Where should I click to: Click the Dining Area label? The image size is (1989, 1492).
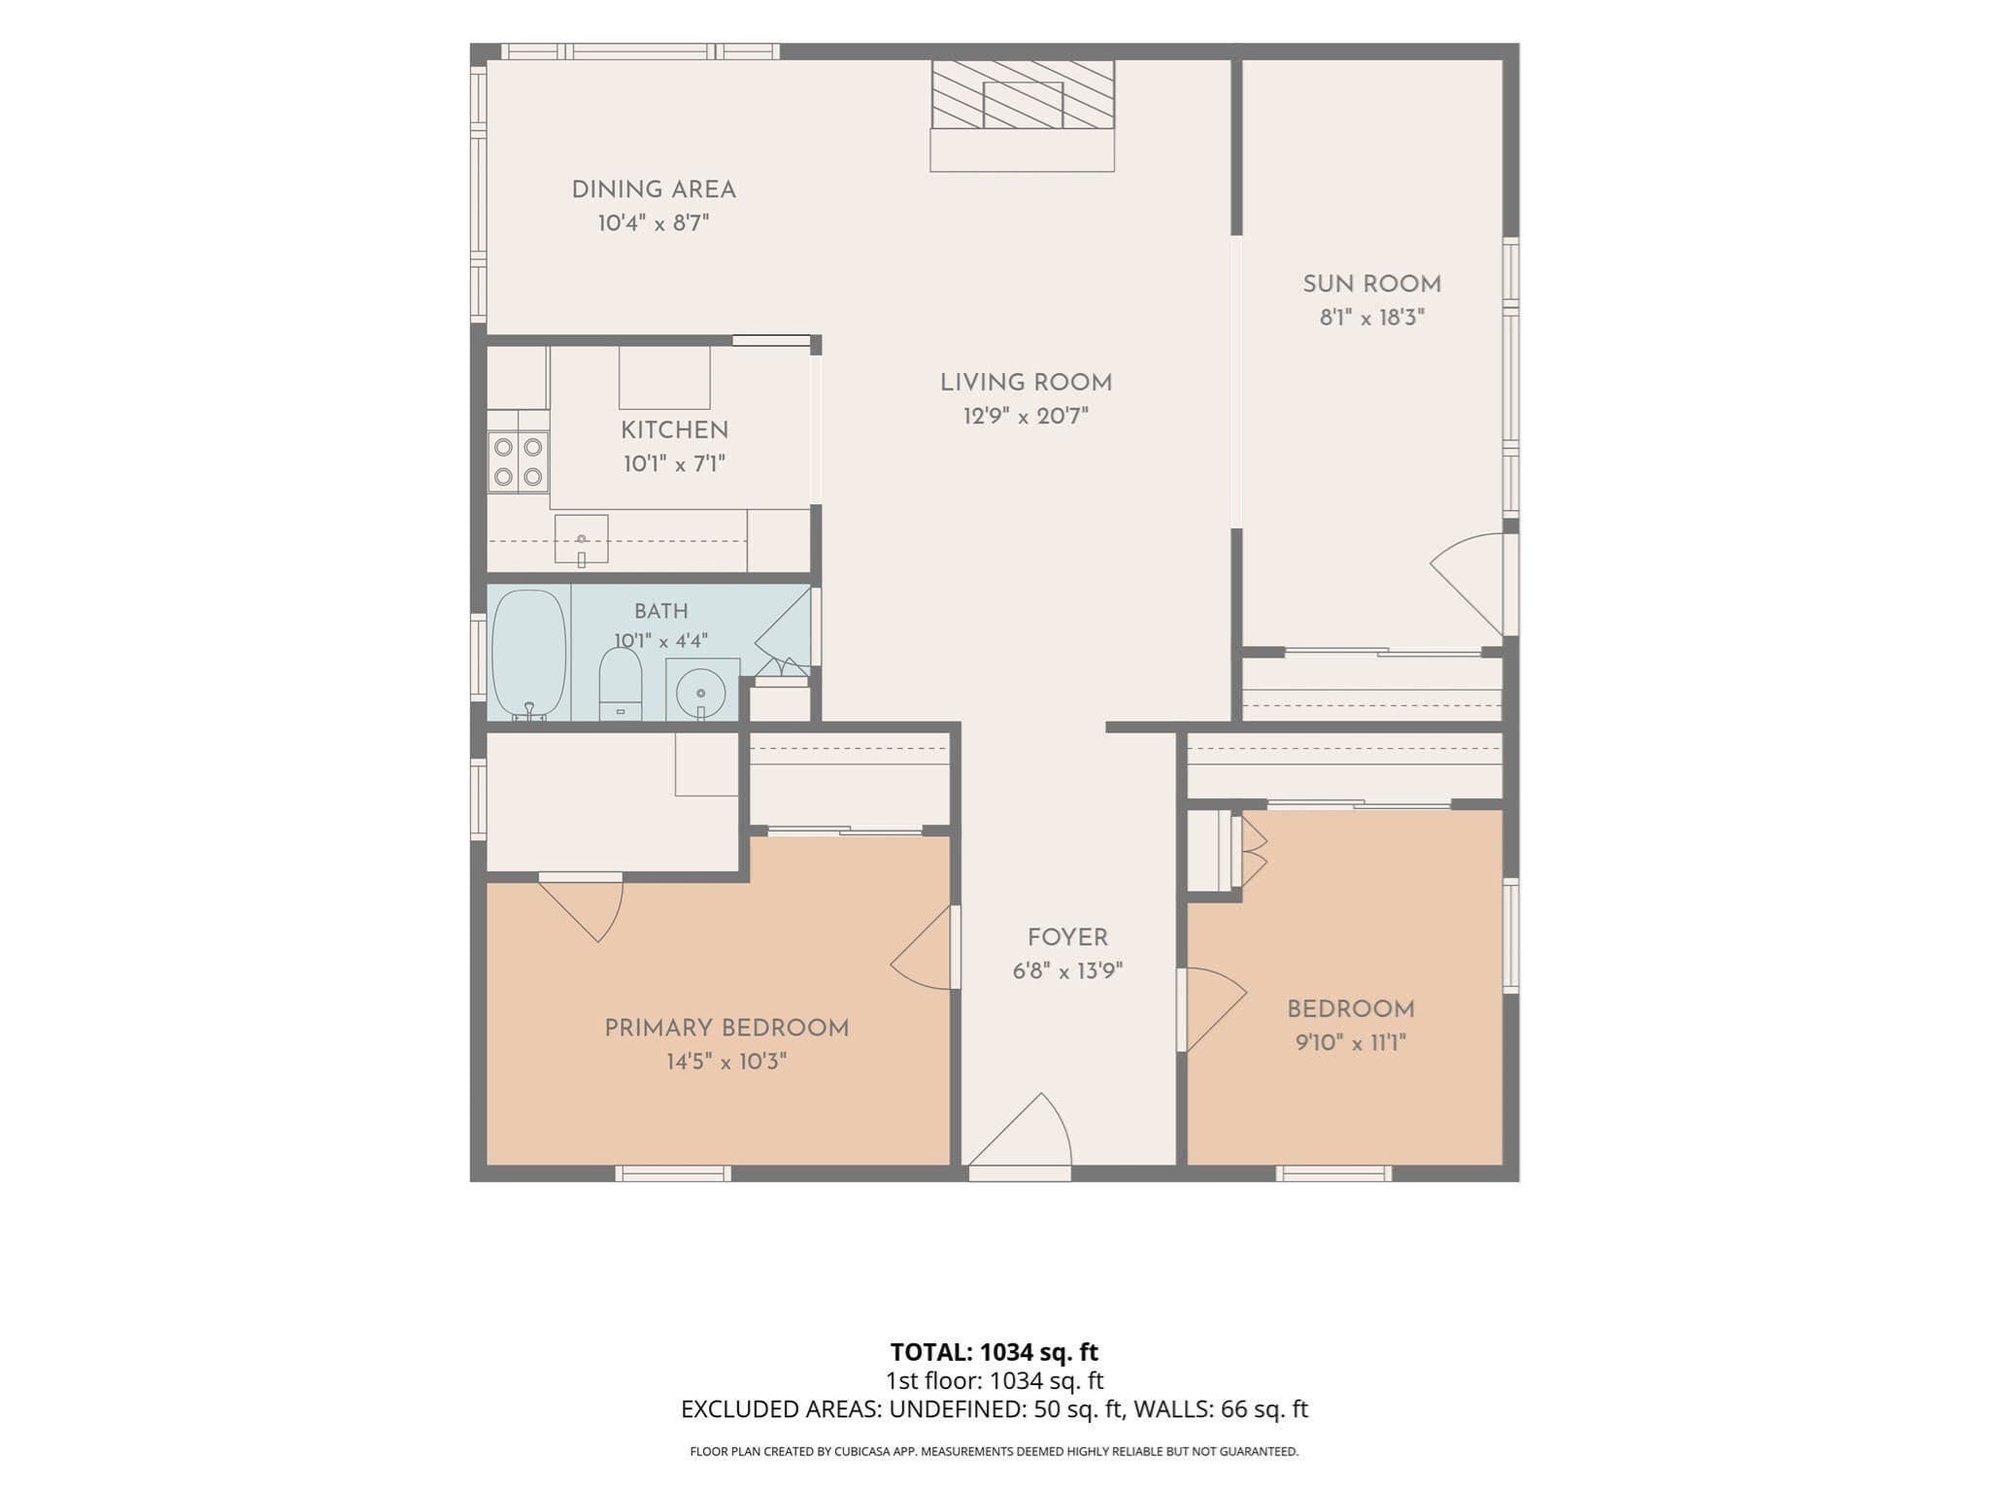[x=654, y=190]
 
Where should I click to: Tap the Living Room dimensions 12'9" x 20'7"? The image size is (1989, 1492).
[x=1026, y=417]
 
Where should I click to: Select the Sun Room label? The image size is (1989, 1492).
[x=1371, y=285]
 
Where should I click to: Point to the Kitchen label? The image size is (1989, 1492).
[x=674, y=430]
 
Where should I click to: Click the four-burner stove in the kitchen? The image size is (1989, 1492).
[x=518, y=461]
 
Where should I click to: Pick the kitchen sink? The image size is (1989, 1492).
[x=581, y=539]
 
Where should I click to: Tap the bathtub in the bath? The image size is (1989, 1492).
[x=528, y=654]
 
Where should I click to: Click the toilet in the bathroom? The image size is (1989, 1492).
[x=621, y=684]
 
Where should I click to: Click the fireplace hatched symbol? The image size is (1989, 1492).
[x=1023, y=94]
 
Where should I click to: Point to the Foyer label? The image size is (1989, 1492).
[x=1067, y=938]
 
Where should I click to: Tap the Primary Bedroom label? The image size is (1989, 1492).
[x=726, y=1029]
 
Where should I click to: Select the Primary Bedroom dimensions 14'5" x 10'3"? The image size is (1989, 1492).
[x=726, y=1062]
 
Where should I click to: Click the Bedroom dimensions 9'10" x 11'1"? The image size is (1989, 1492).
[x=1351, y=1043]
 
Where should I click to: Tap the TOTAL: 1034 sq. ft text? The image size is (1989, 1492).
[x=994, y=1352]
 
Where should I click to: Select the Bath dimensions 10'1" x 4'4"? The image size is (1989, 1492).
[x=660, y=641]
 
